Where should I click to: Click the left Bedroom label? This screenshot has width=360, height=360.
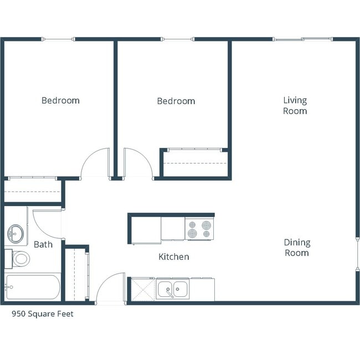tap(60, 101)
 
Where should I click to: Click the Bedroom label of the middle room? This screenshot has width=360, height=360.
tap(176, 101)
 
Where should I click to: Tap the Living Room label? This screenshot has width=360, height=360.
tap(295, 105)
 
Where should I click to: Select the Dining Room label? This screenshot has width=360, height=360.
tap(296, 248)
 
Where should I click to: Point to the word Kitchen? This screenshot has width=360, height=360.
tap(173, 257)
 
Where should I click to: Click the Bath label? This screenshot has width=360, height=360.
tap(43, 244)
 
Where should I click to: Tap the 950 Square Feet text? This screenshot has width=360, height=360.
tap(43, 314)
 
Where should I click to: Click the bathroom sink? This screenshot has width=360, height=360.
tap(16, 234)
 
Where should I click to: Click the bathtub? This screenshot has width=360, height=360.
tap(32, 287)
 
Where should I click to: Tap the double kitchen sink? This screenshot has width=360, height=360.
tap(172, 289)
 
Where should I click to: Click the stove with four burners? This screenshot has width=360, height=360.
tap(199, 229)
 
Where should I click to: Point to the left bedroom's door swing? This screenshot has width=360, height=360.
tap(95, 164)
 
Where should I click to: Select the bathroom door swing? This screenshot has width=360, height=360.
tap(47, 223)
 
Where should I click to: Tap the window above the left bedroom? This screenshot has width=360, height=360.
tap(58, 39)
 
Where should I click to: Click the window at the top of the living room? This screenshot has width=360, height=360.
tap(302, 39)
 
